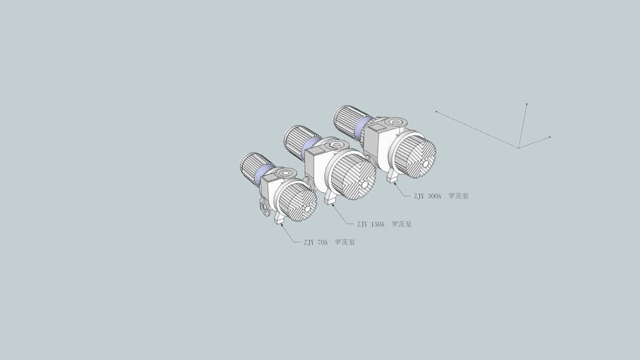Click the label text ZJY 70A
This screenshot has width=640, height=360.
(315, 243)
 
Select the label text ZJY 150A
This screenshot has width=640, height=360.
(371, 224)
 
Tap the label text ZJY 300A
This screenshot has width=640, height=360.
(427, 196)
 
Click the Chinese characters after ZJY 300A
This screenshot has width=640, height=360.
(459, 196)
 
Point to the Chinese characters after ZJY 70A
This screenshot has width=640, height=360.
(345, 243)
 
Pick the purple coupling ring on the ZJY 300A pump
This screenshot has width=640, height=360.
(361, 127)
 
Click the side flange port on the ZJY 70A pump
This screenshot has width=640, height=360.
(264, 207)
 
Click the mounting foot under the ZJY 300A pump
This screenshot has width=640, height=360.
(392, 176)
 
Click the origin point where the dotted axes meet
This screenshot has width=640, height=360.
(518, 148)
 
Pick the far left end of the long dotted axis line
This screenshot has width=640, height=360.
(436, 111)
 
